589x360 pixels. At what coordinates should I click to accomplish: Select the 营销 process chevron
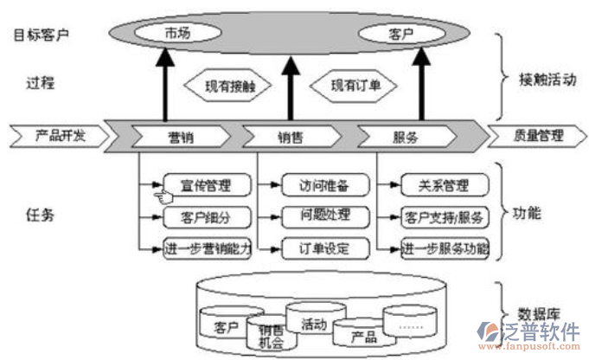coord(180,137)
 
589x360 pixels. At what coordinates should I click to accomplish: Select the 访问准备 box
coord(325,185)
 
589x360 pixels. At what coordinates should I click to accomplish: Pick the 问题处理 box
coord(325,215)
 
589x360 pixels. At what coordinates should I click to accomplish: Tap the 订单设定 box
coord(325,248)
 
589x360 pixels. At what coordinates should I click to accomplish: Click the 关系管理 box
coord(444,185)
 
